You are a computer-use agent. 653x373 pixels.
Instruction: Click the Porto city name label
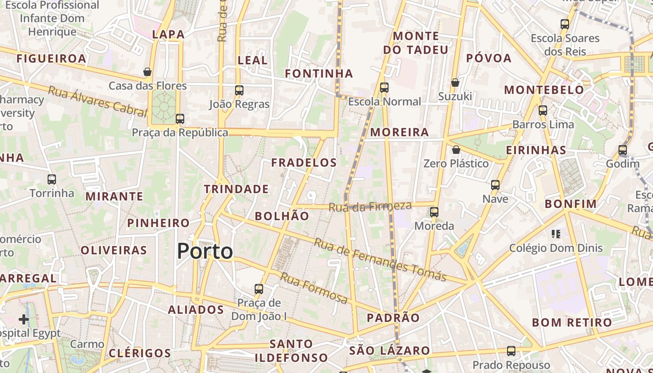click(x=205, y=252)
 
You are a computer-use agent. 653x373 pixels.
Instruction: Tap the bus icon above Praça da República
click(x=180, y=119)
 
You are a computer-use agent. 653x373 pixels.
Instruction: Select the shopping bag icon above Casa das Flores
click(x=147, y=72)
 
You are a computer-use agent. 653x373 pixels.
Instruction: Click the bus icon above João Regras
click(x=239, y=90)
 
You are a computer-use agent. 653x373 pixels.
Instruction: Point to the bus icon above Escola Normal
click(x=384, y=88)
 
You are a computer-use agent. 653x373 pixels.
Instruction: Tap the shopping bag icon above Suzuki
click(x=455, y=83)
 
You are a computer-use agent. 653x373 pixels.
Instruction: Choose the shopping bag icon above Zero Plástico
click(x=456, y=150)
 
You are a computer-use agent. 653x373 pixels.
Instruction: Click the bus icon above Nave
click(x=495, y=185)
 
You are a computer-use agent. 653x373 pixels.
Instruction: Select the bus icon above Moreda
click(x=434, y=212)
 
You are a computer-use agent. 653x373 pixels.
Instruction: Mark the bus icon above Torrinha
click(x=52, y=179)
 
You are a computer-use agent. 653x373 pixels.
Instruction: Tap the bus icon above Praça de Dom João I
click(x=259, y=289)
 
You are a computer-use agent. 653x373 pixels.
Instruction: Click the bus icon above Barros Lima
click(x=543, y=111)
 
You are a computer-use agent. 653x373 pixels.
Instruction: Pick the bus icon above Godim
click(x=623, y=150)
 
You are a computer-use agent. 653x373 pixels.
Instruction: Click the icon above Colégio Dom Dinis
click(x=556, y=234)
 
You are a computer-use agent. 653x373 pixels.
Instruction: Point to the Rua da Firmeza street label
click(x=370, y=207)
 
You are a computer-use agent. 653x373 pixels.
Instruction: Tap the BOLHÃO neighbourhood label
click(x=282, y=216)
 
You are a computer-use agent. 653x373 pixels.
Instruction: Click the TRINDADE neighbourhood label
click(x=236, y=189)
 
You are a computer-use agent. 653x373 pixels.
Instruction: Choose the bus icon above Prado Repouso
click(x=511, y=351)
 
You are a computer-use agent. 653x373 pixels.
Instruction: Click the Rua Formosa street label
click(x=314, y=288)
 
